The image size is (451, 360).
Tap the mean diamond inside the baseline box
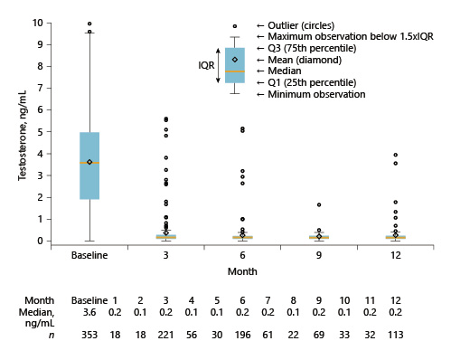[x=89, y=162]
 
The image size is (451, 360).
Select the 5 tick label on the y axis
[x=41, y=131]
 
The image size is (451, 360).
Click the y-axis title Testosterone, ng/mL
[x=21, y=132]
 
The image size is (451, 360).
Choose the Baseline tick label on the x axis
[x=89, y=255]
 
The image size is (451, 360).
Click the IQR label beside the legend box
[x=207, y=65]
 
